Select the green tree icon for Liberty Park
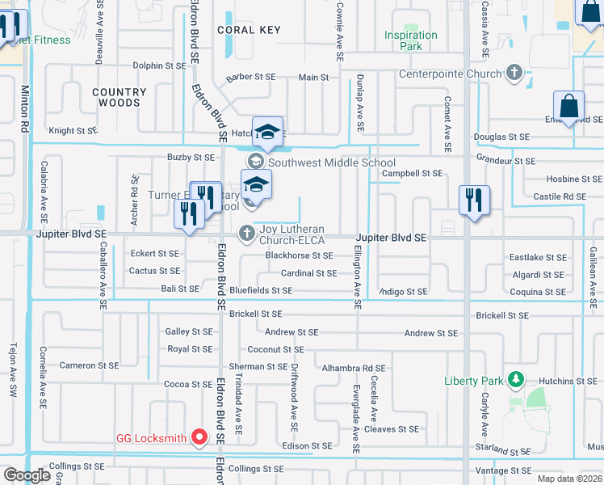point(514,380)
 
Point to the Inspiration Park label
point(410,40)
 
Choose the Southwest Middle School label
point(332,162)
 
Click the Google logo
point(27,474)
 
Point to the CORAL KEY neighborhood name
point(250,30)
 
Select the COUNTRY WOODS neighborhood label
point(119,98)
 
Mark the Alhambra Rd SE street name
point(354,367)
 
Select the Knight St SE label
point(73,130)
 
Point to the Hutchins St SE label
point(565,381)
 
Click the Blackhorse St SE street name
point(300,255)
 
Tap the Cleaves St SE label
point(392,429)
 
